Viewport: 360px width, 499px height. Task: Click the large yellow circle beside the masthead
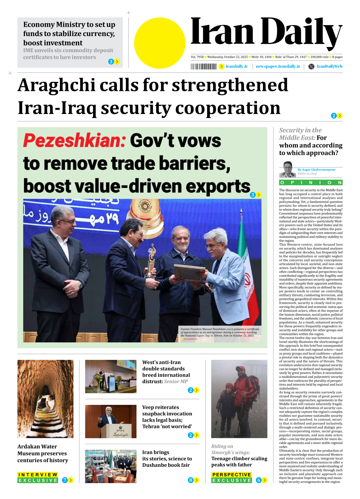point(160,43)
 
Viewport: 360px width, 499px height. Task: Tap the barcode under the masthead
point(204,67)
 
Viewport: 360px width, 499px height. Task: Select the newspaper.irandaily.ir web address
point(278,66)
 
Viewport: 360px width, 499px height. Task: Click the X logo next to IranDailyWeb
point(311,66)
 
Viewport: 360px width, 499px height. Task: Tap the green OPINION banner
point(311,182)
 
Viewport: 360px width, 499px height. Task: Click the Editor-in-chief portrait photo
point(287,170)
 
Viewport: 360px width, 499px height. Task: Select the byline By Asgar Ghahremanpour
point(317,169)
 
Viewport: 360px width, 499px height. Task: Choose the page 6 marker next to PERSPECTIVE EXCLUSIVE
point(259,480)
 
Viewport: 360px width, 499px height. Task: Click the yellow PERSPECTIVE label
point(232,475)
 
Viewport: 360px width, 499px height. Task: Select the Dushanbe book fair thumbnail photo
point(111,466)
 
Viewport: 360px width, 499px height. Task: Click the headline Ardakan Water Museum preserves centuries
point(43,453)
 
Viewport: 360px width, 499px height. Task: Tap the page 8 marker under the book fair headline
point(191,480)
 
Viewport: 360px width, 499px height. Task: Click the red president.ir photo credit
point(190,339)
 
